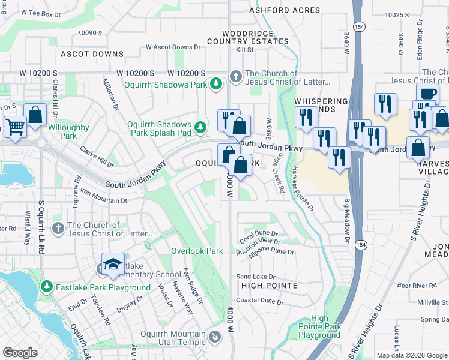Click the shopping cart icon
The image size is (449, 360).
14,127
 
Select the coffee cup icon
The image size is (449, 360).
427,94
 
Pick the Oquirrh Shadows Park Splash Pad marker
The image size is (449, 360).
201,127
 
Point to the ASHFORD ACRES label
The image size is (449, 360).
277,10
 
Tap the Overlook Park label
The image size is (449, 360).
197,251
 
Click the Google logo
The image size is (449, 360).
20,352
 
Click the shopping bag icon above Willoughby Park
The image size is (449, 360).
35,115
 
